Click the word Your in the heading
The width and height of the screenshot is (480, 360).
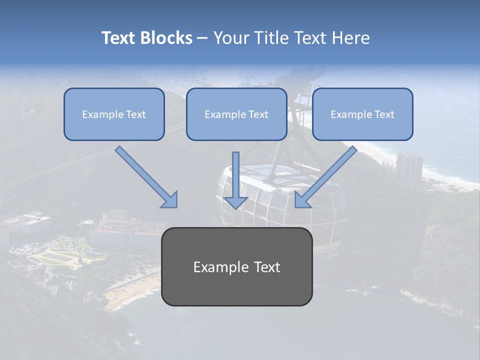tap(230, 38)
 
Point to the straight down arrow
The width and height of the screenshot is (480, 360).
tap(235, 180)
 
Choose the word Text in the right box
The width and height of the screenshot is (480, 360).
tap(384, 114)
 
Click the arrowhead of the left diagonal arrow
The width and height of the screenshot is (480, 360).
tap(170, 200)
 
